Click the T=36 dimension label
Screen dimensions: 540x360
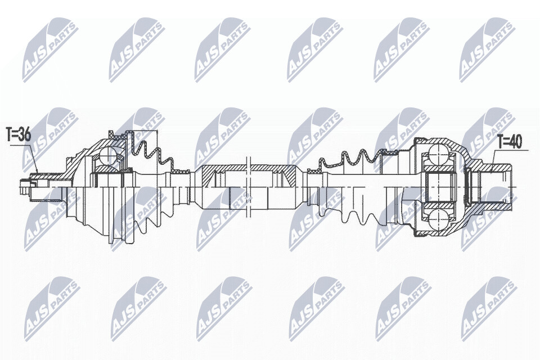click(18, 134)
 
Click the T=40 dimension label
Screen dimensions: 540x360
click(510, 142)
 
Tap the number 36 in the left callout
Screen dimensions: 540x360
click(24, 134)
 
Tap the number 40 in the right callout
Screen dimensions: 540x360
click(516, 142)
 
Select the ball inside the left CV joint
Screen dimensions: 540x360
click(108, 155)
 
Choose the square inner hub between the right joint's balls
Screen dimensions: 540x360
click(439, 186)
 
